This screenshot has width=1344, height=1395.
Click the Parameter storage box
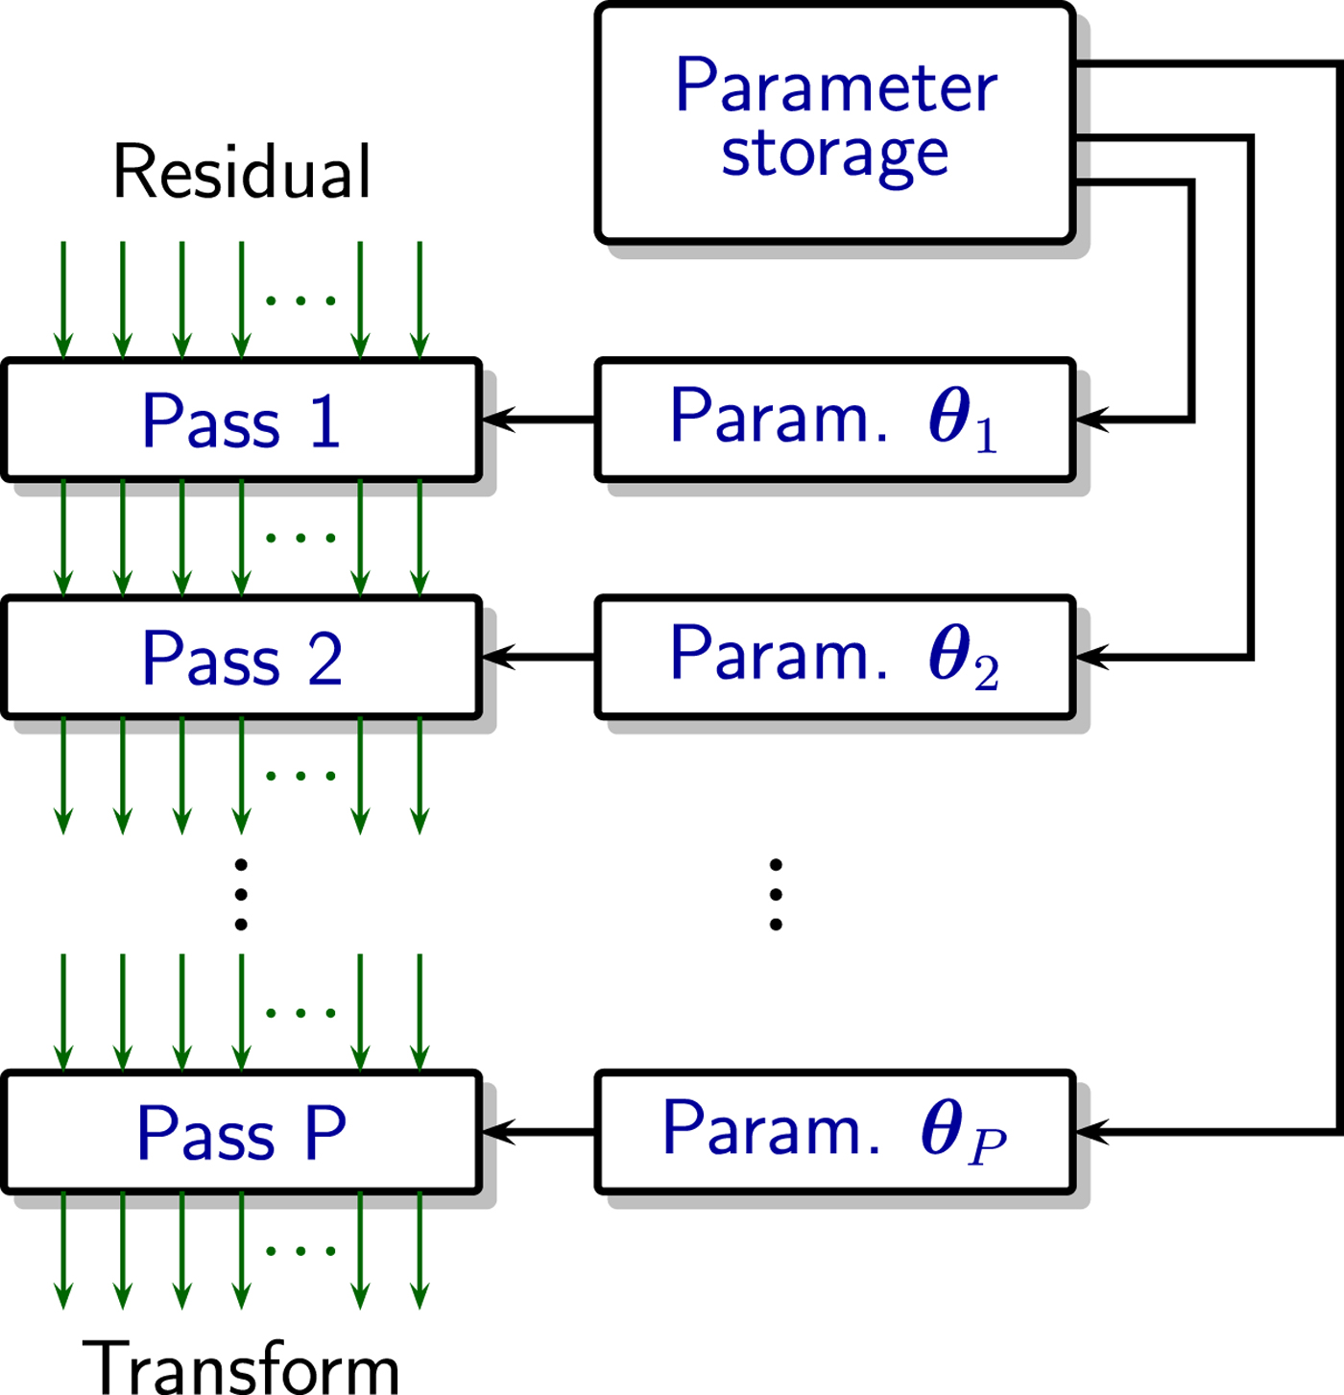click(x=833, y=123)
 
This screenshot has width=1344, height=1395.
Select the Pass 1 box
click(x=241, y=420)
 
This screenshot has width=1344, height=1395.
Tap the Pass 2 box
click(x=241, y=658)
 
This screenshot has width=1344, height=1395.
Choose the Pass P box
click(x=241, y=1133)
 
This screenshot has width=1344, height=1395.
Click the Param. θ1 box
click(x=833, y=420)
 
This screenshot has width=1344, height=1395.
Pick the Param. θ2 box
click(x=833, y=658)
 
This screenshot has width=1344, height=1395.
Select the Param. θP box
click(x=833, y=1133)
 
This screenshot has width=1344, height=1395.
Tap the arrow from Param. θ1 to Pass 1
click(x=538, y=420)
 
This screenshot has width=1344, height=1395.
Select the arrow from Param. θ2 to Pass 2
click(x=538, y=658)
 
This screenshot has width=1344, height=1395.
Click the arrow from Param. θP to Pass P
click(x=538, y=1133)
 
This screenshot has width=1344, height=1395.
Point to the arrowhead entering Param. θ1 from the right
click(x=1091, y=420)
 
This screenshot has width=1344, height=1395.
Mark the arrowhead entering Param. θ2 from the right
click(x=1091, y=658)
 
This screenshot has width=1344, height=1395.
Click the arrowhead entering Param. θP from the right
click(x=1091, y=1133)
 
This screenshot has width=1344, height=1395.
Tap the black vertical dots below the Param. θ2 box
click(x=776, y=895)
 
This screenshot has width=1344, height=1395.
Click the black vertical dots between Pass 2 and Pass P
click(x=241, y=895)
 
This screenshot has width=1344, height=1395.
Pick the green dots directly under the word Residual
click(x=300, y=301)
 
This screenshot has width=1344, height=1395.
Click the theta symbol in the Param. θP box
click(x=942, y=1128)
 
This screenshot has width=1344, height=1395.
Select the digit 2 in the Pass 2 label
click(x=324, y=660)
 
